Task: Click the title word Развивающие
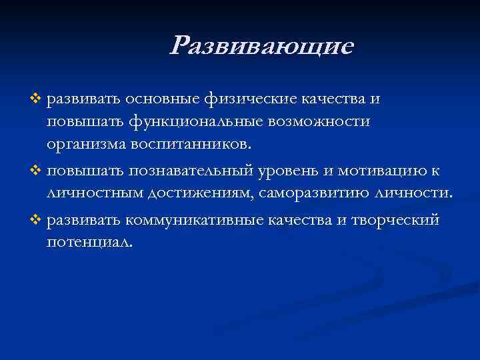tap(261, 46)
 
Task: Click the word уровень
tap(287, 171)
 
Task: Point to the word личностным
tap(89, 193)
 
